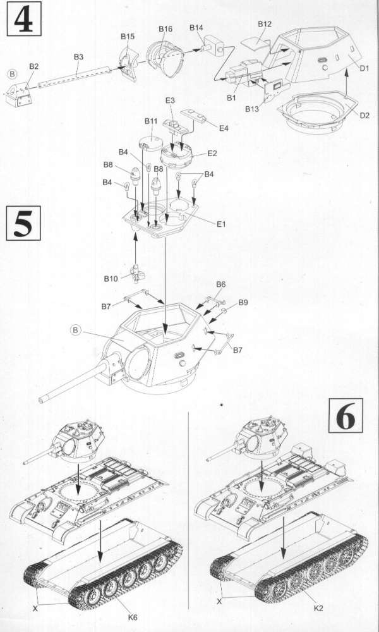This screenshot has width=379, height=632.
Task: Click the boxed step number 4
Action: [24, 19]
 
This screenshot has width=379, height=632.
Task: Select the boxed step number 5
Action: [23, 223]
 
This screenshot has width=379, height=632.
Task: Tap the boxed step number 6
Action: [346, 416]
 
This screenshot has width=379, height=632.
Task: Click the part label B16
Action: [165, 29]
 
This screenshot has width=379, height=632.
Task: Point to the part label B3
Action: [78, 58]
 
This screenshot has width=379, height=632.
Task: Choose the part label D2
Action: [364, 116]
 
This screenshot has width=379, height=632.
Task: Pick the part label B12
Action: [265, 24]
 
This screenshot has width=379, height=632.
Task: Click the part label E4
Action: [224, 128]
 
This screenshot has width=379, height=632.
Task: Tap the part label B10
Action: [111, 279]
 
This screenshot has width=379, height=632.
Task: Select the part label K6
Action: [133, 617]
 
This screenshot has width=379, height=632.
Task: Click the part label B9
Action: [243, 303]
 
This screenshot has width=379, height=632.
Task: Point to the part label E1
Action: [221, 224]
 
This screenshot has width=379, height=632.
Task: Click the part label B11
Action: [152, 121]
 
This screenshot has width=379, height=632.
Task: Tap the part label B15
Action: [128, 37]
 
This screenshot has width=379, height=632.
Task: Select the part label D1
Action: [364, 68]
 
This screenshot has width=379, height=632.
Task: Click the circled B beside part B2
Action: [13, 74]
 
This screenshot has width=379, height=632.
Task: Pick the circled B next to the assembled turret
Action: [75, 331]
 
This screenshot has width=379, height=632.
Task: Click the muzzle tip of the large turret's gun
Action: [40, 401]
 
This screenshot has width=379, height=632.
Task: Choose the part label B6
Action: [220, 284]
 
